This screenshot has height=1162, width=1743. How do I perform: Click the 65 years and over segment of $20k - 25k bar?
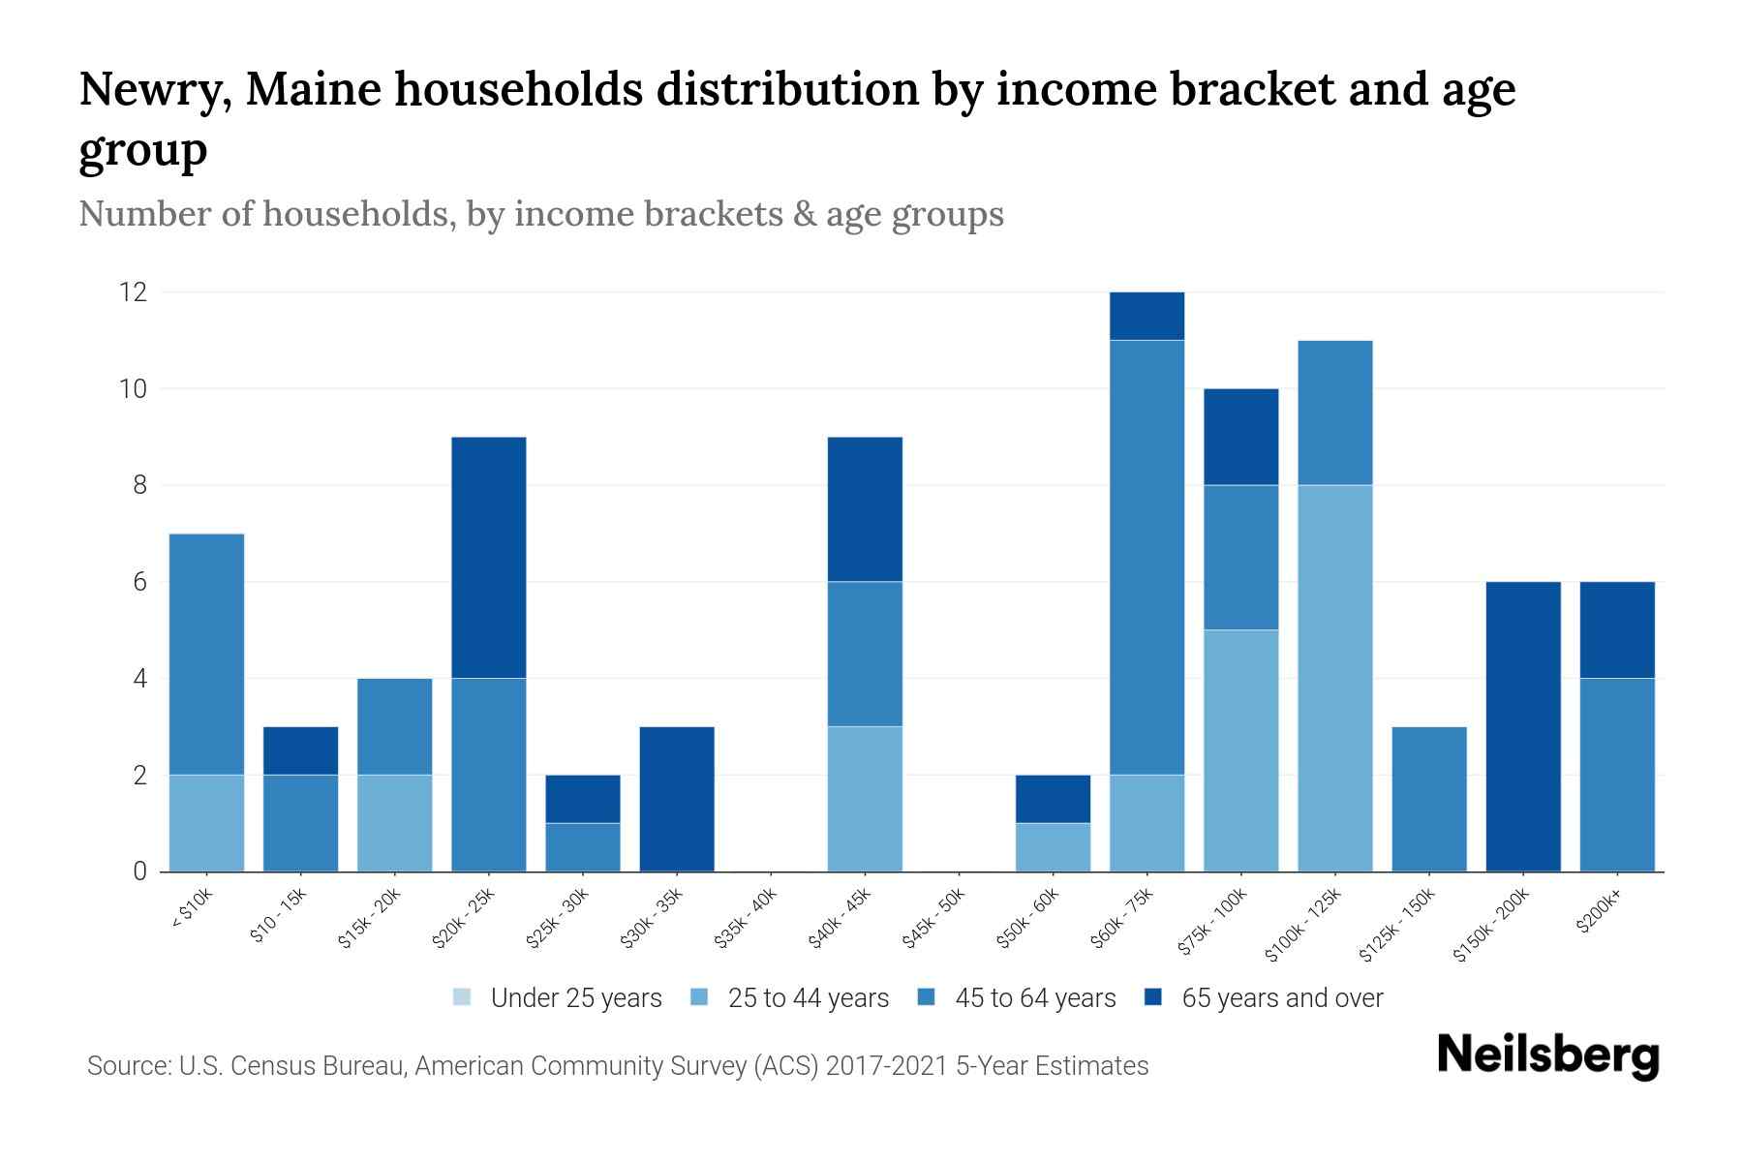[489, 558]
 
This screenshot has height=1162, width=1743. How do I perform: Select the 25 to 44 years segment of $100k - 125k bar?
[1335, 678]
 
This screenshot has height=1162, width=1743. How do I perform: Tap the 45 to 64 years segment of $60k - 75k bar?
[1147, 558]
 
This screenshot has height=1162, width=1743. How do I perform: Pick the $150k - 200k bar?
[1523, 726]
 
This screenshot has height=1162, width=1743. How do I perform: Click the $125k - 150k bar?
[1429, 799]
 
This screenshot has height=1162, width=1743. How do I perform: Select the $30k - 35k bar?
[677, 799]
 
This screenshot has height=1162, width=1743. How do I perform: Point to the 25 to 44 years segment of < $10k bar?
[206, 823]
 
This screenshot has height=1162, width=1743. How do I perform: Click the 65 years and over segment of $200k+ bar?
[1617, 630]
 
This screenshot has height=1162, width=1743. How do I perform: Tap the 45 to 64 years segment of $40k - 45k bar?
[865, 654]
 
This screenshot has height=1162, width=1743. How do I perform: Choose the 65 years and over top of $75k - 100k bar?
[1241, 437]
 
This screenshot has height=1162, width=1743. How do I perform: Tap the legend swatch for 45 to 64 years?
[927, 997]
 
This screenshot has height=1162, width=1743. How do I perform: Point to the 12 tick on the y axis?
[133, 291]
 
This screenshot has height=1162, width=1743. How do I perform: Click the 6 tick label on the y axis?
[140, 582]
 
